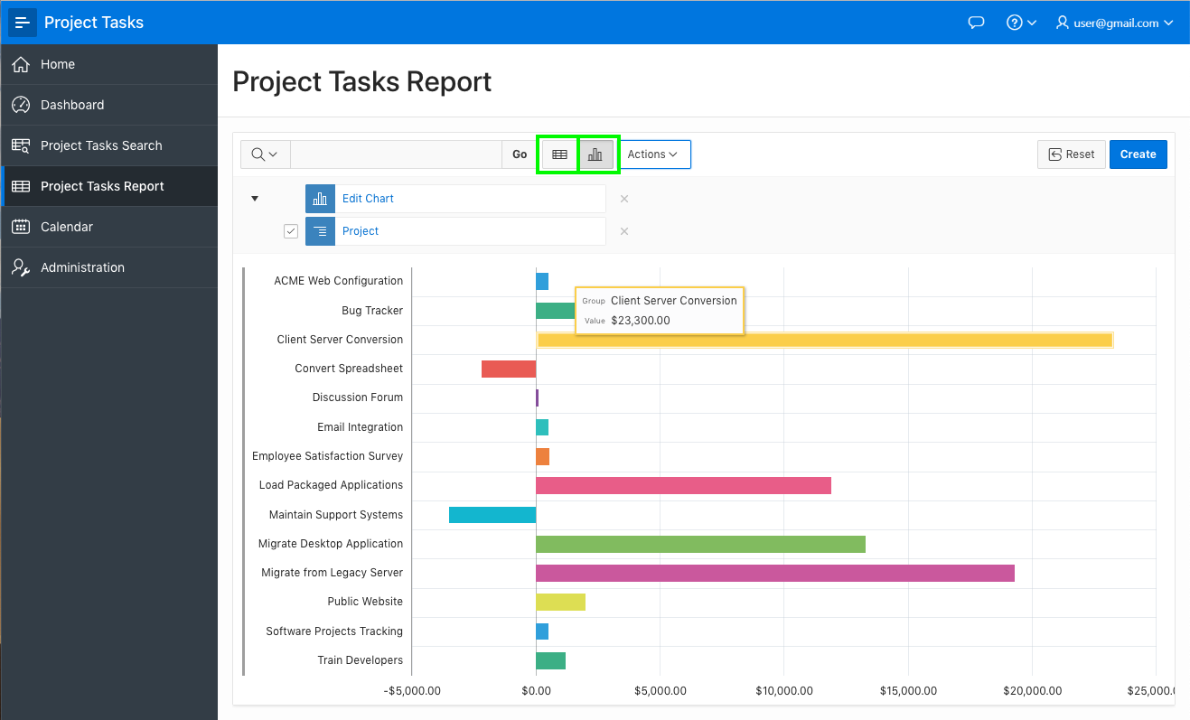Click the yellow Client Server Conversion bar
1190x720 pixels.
click(x=824, y=340)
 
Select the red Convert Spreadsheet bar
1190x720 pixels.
click(x=509, y=369)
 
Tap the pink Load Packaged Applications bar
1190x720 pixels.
click(x=683, y=485)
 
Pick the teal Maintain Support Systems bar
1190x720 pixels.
click(x=492, y=515)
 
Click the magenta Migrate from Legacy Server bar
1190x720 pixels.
click(x=774, y=573)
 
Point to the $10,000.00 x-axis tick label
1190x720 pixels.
click(x=784, y=691)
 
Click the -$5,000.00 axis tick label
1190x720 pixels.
click(x=412, y=691)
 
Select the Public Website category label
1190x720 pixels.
click(x=365, y=602)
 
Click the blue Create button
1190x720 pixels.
click(x=1138, y=154)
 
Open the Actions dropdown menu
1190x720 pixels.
click(x=652, y=154)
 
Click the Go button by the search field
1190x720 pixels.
click(x=520, y=154)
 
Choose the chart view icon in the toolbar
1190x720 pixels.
click(x=595, y=154)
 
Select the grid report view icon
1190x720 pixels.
click(x=559, y=154)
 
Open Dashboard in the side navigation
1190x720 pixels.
click(x=72, y=105)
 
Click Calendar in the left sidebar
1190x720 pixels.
click(x=67, y=227)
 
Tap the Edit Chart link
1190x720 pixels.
click(x=368, y=199)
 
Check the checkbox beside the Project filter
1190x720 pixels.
click(x=291, y=231)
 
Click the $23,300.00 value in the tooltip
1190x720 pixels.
click(x=641, y=321)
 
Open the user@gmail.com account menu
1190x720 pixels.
click(x=1115, y=23)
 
